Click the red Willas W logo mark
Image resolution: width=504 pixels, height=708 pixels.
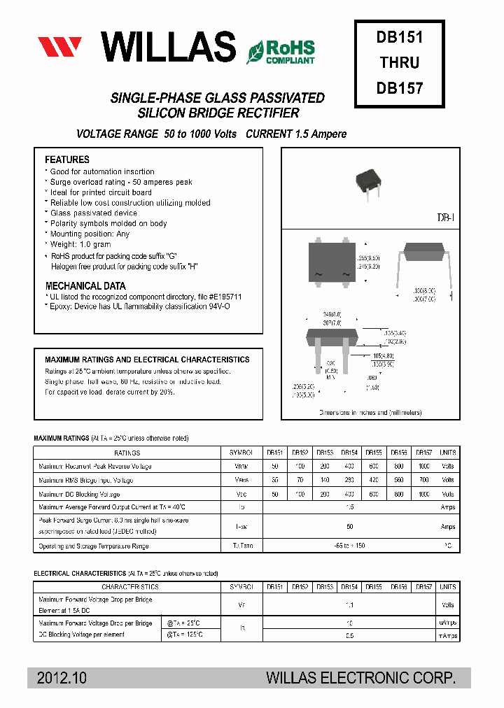click(59, 47)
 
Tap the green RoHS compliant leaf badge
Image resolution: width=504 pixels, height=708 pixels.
click(281, 50)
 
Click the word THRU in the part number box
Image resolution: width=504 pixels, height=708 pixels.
click(400, 63)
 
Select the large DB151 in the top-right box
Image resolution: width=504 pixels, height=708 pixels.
click(400, 36)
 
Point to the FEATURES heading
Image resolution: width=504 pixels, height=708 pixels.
click(67, 160)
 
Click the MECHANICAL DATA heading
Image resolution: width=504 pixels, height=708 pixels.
click(85, 286)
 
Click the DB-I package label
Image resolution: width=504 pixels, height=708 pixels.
click(447, 218)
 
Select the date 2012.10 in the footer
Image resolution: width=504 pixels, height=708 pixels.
click(62, 678)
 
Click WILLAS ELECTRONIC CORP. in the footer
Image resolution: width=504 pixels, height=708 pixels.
click(361, 678)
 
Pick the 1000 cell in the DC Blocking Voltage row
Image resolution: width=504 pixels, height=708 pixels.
click(424, 494)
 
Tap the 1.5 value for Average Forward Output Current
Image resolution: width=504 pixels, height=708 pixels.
click(349, 507)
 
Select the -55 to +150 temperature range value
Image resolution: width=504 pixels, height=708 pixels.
click(349, 546)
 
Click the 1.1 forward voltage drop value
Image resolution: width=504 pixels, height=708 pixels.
click(349, 605)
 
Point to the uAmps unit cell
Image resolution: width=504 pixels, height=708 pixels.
click(448, 623)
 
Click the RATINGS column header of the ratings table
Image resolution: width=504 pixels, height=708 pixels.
click(127, 453)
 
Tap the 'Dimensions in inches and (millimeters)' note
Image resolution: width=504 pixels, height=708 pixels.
click(370, 413)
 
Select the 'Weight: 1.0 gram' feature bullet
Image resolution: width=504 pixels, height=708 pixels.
click(80, 245)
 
